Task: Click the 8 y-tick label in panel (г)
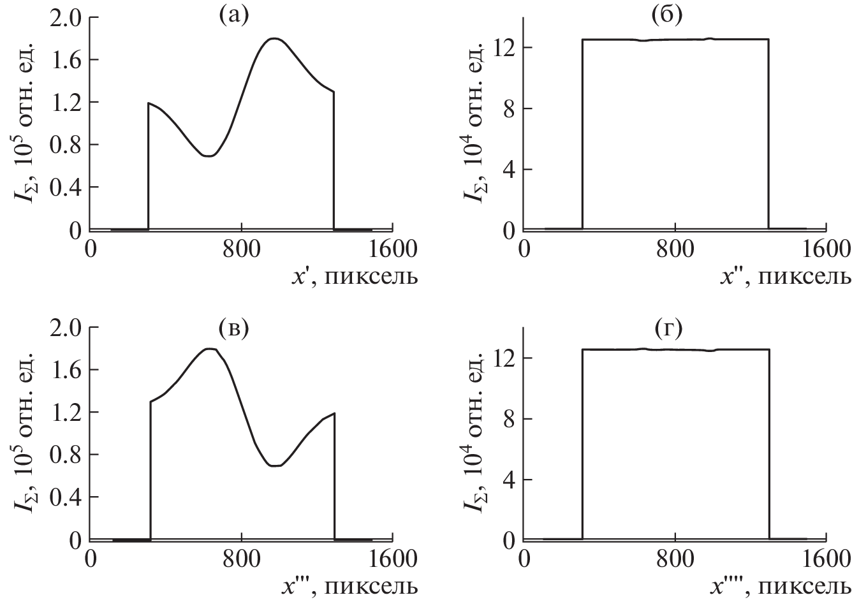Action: (509, 418)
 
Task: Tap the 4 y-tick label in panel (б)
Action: (509, 170)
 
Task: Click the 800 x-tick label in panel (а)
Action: (242, 250)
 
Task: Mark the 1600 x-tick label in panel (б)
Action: (826, 250)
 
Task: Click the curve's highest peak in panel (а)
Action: (274, 38)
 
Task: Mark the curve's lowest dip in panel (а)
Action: (209, 156)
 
